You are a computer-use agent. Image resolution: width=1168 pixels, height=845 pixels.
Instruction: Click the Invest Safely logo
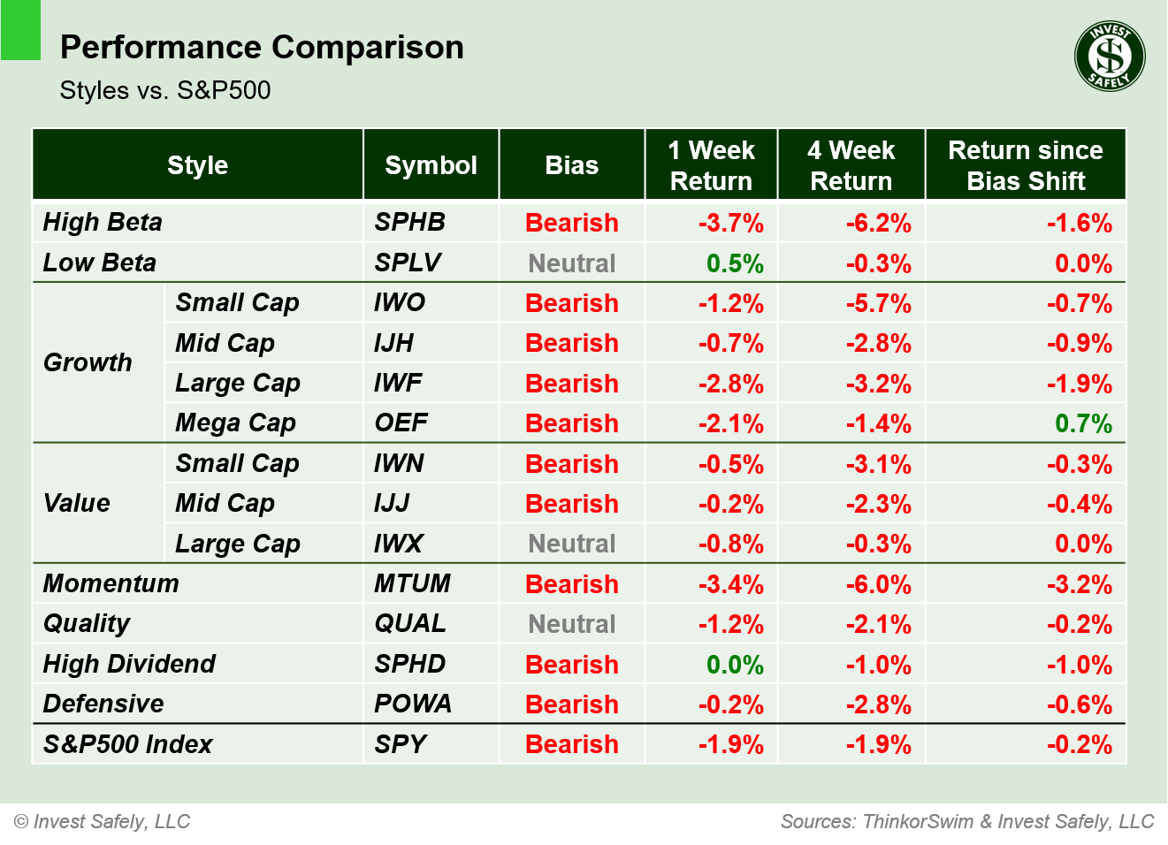(x=1110, y=57)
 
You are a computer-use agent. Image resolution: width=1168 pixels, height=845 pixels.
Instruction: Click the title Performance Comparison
(x=262, y=47)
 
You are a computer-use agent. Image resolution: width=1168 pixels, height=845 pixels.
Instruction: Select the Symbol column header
(x=431, y=165)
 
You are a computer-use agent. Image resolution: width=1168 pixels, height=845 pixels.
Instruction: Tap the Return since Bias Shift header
(x=1025, y=165)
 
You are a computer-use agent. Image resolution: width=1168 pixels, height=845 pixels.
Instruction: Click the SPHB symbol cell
(x=409, y=222)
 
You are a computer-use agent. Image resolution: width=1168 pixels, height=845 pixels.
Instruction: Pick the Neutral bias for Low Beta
(x=571, y=263)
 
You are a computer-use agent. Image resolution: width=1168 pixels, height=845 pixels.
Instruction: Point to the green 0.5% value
(x=735, y=263)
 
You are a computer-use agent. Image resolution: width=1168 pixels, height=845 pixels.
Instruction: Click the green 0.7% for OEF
(x=1083, y=423)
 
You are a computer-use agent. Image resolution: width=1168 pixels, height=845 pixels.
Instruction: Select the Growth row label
(x=88, y=362)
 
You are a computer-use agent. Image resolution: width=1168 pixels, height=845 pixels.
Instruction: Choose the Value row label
(x=77, y=503)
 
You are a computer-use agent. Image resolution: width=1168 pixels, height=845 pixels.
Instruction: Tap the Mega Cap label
(x=235, y=423)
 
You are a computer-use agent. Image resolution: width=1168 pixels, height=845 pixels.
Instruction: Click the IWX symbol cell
(x=399, y=544)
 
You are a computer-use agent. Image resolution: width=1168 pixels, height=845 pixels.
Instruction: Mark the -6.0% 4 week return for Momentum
(x=878, y=584)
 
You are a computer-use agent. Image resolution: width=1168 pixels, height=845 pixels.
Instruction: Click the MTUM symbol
(x=412, y=583)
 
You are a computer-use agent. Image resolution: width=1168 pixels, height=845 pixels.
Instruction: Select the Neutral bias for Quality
(x=571, y=624)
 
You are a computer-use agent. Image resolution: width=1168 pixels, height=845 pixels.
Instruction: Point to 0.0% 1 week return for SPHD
(x=735, y=665)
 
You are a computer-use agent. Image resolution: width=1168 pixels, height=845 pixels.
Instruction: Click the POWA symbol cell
(x=412, y=704)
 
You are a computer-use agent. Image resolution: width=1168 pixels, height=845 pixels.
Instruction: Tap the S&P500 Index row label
(x=127, y=744)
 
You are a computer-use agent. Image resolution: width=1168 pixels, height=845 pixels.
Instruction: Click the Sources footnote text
(x=966, y=821)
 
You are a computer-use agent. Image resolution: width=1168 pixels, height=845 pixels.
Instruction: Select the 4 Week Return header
(x=851, y=165)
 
